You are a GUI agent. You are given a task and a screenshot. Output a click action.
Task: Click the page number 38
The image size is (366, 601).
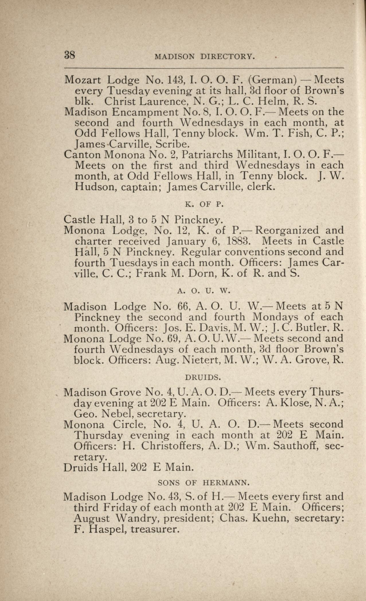[70, 55]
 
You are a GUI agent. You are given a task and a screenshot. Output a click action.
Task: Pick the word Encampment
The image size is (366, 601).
[148, 112]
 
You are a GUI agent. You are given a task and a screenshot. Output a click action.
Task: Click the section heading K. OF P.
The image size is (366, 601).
[204, 204]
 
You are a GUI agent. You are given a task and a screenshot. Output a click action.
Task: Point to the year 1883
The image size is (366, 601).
[239, 241]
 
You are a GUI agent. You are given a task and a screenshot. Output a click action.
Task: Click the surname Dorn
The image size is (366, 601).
[204, 273]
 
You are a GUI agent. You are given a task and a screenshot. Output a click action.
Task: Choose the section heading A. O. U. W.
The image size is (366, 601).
[204, 291]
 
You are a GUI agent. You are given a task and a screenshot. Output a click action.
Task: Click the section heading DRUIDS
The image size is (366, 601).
[203, 377]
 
